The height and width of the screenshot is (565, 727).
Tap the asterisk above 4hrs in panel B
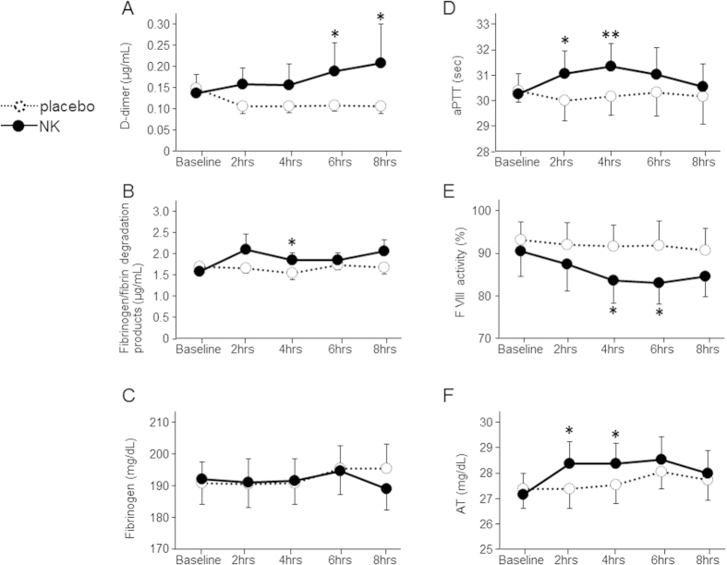[291, 242]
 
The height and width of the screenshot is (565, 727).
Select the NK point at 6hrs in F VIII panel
[661, 283]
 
